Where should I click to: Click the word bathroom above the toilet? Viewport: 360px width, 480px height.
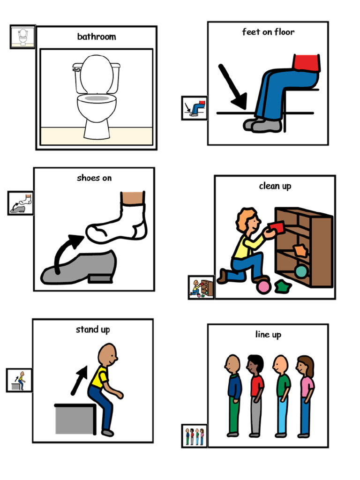pos(97,37)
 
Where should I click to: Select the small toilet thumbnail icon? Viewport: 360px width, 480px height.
pos(22,37)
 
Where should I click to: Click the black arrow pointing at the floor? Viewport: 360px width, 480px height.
pos(232,87)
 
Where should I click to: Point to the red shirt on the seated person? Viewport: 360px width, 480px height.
pos(307,63)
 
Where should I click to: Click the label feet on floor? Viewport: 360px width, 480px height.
pos(268,32)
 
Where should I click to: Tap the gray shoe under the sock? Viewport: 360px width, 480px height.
pos(79,268)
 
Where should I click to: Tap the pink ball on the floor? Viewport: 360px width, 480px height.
pos(263,287)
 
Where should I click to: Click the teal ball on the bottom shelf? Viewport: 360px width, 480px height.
pos(301,271)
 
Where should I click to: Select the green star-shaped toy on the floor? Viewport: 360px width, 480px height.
pos(283,286)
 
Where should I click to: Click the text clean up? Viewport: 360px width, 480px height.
pos(275,186)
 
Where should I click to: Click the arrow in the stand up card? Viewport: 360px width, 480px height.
pos(79,381)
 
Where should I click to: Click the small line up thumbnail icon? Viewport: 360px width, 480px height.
pos(195,436)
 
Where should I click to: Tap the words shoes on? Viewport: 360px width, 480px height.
pos(94,178)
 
